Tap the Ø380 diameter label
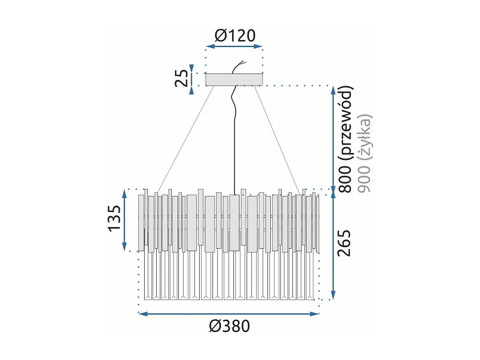click(229, 326)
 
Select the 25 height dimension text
click(181, 78)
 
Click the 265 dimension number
click(344, 243)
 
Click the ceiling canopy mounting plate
click(234, 79)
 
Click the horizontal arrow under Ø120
click(234, 47)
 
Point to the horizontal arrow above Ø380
click(228, 313)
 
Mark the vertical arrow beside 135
click(125, 220)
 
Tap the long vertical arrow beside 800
click(333, 138)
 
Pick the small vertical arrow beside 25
click(193, 79)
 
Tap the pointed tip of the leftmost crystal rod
click(147, 297)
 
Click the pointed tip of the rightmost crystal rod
click(310, 297)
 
